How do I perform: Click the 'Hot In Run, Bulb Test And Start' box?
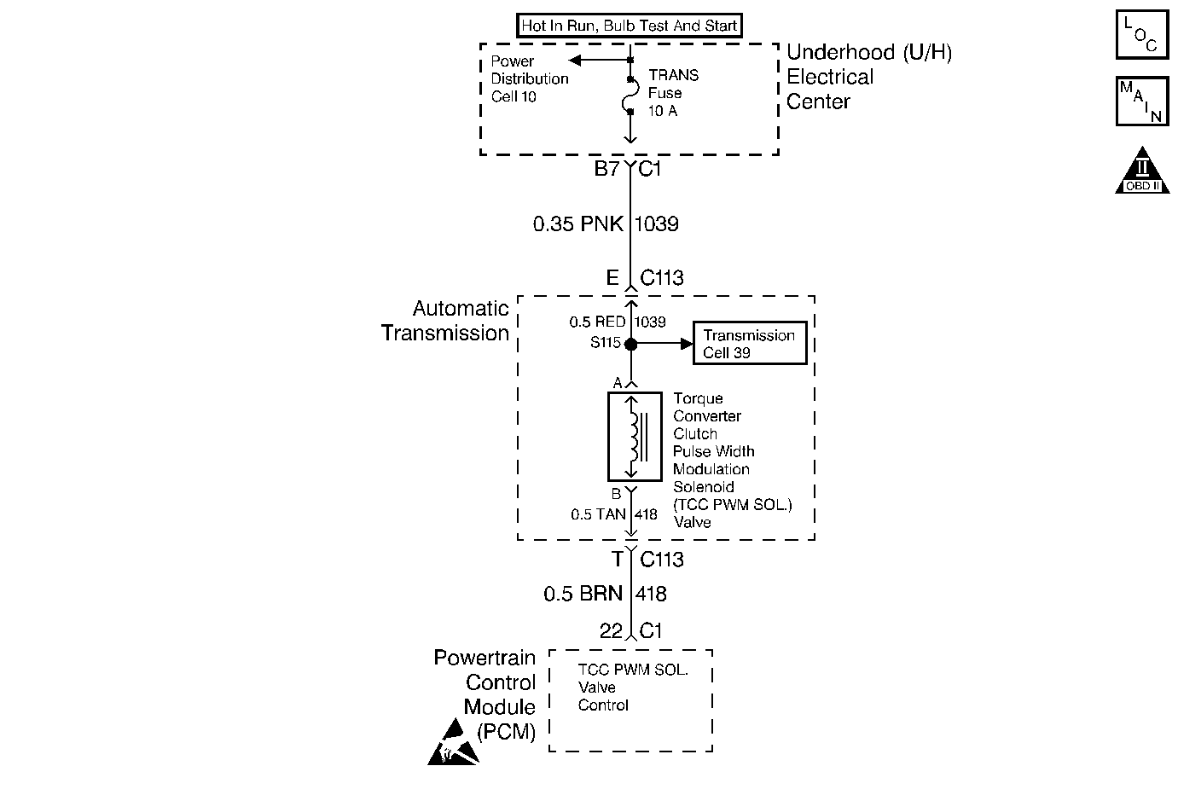click(x=629, y=26)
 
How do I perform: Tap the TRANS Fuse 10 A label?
click(x=673, y=93)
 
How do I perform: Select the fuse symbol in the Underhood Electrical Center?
click(x=630, y=95)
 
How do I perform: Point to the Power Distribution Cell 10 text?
click(x=529, y=78)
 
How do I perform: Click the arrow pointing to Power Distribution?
click(x=576, y=60)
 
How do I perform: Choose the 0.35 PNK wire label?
click(x=577, y=224)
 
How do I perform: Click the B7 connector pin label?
click(x=606, y=169)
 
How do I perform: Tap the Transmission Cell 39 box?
click(x=749, y=344)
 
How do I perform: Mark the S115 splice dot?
click(x=630, y=345)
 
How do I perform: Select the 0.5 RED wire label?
click(x=597, y=322)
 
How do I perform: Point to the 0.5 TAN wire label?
click(x=598, y=514)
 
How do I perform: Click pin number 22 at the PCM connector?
click(x=610, y=631)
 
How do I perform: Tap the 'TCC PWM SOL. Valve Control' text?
click(x=632, y=688)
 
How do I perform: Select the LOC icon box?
click(x=1141, y=35)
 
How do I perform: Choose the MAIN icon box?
click(x=1141, y=102)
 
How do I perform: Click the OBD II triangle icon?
click(x=1141, y=171)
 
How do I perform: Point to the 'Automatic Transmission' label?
click(x=445, y=321)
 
